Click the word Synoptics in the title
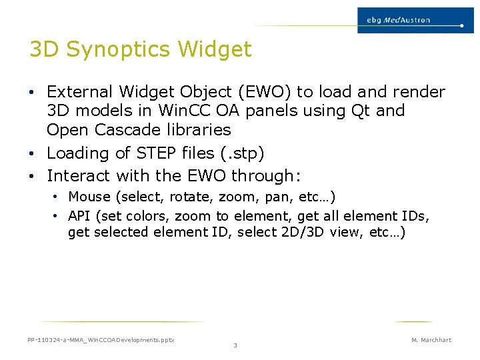click(x=126, y=49)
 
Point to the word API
click(x=79, y=216)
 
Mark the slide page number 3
click(x=235, y=345)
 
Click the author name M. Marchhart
click(x=431, y=340)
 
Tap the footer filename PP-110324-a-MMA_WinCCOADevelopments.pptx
click(x=101, y=340)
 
